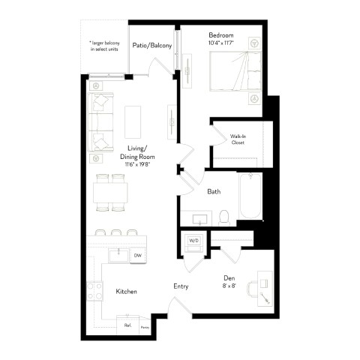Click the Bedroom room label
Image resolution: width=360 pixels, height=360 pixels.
point(220,35)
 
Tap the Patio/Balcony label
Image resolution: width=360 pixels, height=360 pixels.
point(152,46)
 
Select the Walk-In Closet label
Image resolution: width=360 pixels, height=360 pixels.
point(238,138)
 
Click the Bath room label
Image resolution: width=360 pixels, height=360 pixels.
point(214,192)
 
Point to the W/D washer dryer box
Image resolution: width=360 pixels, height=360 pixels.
point(193,241)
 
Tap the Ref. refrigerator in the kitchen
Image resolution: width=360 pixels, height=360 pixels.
point(128,326)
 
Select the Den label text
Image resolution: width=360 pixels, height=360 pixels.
point(229,257)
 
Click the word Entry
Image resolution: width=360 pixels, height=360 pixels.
point(181,286)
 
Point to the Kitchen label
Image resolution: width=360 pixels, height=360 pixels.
point(126,291)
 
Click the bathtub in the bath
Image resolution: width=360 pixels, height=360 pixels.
point(250,196)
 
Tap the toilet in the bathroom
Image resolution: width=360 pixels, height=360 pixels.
point(223,216)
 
